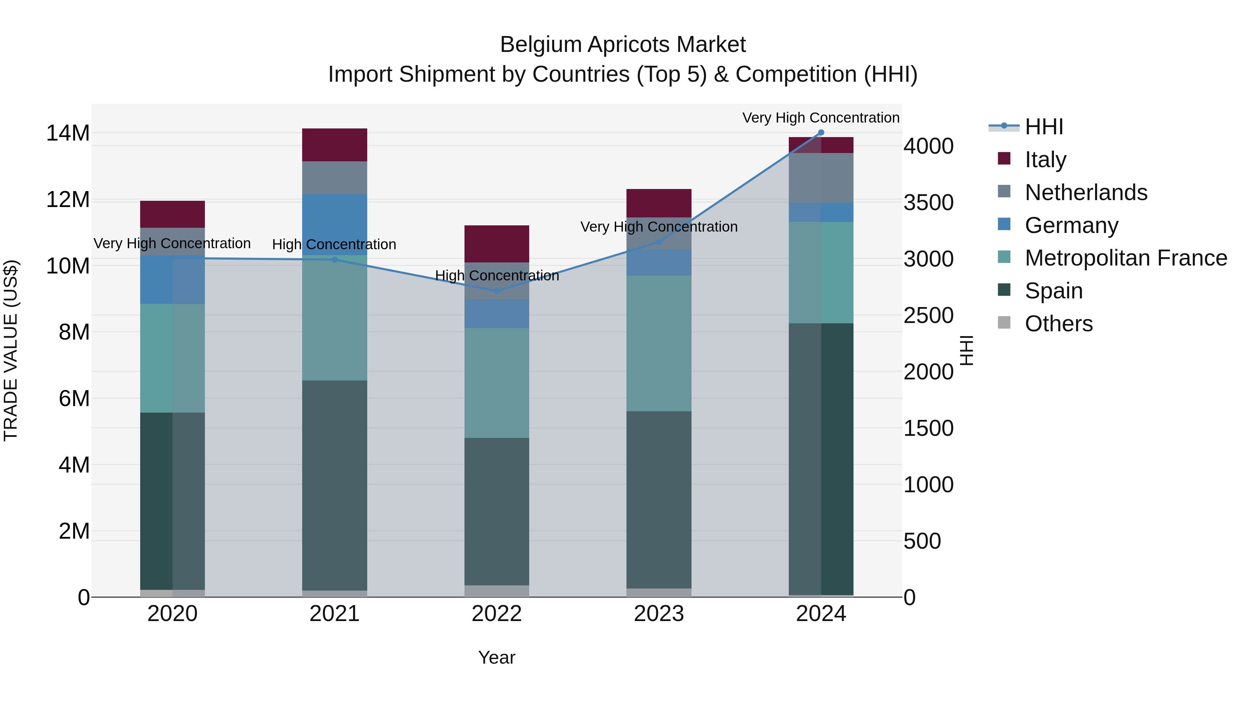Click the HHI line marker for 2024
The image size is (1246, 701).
tap(821, 133)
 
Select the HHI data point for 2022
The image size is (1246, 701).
tap(497, 291)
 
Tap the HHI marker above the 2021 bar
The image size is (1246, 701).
tap(335, 260)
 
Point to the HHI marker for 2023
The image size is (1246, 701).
tap(659, 242)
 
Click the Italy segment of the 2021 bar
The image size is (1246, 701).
tap(335, 145)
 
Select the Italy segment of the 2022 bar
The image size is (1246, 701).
tap(497, 244)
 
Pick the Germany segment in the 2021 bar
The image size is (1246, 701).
tap(335, 224)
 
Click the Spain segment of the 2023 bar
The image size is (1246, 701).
tap(659, 500)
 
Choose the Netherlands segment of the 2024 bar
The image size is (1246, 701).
tap(821, 178)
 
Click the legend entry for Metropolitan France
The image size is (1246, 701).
tap(1126, 258)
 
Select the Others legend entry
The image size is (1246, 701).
tap(1058, 324)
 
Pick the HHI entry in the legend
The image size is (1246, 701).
tap(1044, 127)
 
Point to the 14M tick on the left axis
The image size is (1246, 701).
tap(68, 133)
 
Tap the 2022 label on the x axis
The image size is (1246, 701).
tap(497, 614)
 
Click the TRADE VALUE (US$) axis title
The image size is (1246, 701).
tap(11, 350)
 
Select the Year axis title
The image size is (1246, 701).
tap(497, 657)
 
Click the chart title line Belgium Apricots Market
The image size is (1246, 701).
tap(623, 45)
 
